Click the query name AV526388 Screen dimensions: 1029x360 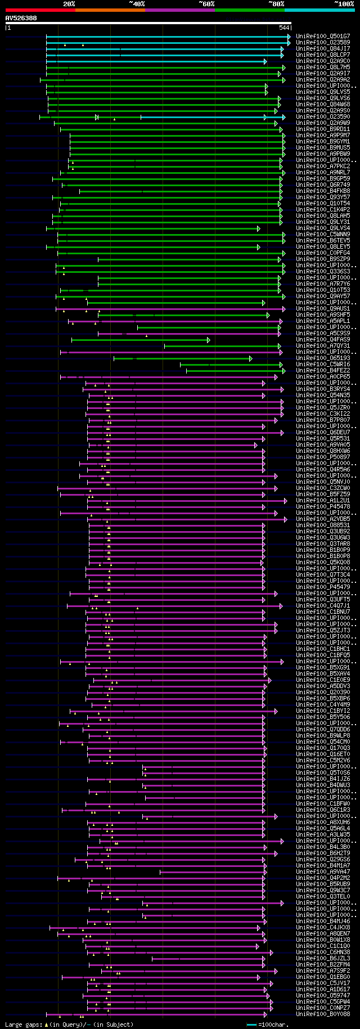point(21,18)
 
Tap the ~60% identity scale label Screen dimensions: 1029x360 point(206,4)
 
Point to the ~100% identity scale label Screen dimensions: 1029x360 point(344,4)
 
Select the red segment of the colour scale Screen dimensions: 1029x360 point(40,10)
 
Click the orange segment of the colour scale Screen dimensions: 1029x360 point(110,10)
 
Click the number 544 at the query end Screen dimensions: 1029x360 point(284,28)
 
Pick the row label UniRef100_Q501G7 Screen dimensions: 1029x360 point(323,37)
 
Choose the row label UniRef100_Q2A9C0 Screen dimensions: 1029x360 point(323,61)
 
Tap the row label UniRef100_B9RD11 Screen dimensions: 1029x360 point(323,129)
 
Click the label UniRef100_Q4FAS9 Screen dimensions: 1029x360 point(323,340)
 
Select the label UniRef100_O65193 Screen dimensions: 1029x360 point(323,358)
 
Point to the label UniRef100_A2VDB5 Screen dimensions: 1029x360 point(323,519)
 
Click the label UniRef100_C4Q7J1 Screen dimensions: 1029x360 point(323,606)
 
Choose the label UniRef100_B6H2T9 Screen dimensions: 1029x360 point(323,853)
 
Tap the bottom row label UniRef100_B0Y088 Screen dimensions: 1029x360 point(323,1014)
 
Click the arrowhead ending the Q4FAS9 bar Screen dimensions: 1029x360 point(209,340)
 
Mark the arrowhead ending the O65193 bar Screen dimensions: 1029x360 point(251,358)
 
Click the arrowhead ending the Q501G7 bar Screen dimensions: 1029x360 point(289,37)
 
